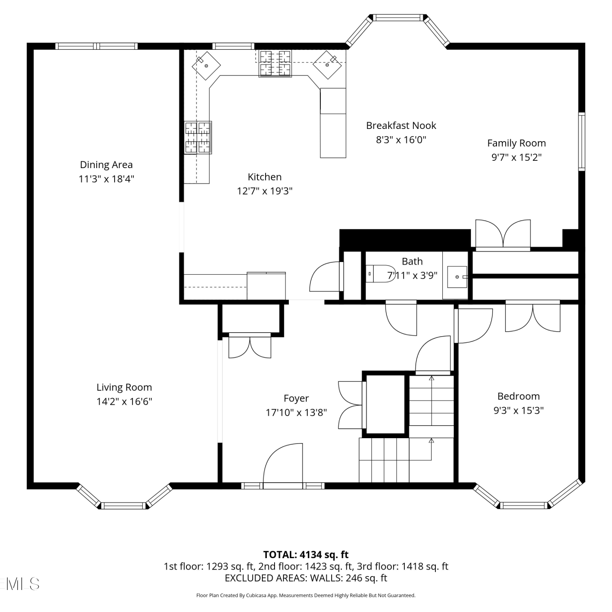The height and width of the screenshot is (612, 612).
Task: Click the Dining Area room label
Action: point(106,165)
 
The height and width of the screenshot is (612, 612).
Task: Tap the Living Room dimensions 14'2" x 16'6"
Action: point(124,401)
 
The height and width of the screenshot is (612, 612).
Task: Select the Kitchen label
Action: point(264,177)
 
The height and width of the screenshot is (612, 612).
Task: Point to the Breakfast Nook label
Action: point(401,126)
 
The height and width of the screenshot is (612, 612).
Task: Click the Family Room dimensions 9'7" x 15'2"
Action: point(517,157)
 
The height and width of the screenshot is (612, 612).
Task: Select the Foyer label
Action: point(296,398)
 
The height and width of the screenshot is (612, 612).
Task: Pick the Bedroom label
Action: point(519,396)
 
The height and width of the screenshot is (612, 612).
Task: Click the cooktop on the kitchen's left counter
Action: point(198,137)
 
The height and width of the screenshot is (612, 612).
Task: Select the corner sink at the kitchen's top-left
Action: point(206,65)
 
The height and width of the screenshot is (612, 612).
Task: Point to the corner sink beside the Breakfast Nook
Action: point(327,64)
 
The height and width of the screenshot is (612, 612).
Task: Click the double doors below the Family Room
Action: point(503,235)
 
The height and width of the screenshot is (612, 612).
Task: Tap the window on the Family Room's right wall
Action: point(582,141)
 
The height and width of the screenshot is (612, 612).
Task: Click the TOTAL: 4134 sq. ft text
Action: point(306,554)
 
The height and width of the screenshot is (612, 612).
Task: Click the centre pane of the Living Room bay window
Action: point(123,506)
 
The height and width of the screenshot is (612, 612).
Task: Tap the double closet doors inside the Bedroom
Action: point(533,317)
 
